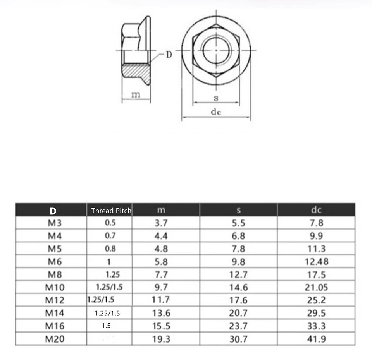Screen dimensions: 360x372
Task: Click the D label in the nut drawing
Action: pos(169,55)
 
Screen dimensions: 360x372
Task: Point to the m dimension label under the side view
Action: pos(135,94)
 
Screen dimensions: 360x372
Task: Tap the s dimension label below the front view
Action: pos(216,98)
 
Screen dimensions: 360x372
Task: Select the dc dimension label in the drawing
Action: pos(216,112)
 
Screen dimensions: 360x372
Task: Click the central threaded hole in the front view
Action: pos(216,51)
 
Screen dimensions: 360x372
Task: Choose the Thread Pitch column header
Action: pos(111,211)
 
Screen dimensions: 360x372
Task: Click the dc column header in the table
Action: pos(316,210)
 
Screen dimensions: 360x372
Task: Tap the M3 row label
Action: pos(55,223)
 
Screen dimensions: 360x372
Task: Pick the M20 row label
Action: pos(55,339)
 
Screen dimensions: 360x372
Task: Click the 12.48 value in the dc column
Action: pos(316,262)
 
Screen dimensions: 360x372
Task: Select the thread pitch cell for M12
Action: pos(101,300)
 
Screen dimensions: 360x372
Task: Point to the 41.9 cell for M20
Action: pos(316,339)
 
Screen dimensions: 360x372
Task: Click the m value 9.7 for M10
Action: pos(161,287)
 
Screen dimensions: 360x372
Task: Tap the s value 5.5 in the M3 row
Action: pos(239,223)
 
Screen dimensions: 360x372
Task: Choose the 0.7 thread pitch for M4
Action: pos(110,235)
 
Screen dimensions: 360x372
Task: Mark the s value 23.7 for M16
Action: pos(239,326)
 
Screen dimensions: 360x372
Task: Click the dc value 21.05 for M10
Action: pos(316,287)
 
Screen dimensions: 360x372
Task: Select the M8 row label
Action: pos(55,275)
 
